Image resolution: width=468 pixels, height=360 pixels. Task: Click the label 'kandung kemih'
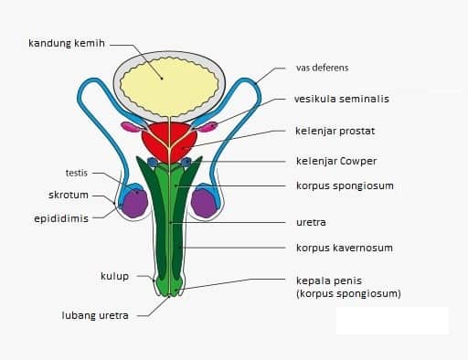tap(68, 43)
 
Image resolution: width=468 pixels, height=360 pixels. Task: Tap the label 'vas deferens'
tap(322, 68)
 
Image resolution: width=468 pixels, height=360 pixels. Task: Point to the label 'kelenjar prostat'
tap(335, 131)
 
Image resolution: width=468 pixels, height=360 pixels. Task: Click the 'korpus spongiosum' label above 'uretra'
tap(343, 185)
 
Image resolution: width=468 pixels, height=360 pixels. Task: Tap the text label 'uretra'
tap(311, 221)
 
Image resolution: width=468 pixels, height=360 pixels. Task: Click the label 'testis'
tap(77, 173)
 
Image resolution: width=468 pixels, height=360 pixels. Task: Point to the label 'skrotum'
tap(69, 195)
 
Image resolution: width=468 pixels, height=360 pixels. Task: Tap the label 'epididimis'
tap(61, 218)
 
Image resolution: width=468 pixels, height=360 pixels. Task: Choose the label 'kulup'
tap(114, 275)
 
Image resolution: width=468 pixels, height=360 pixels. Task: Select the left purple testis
tap(135, 204)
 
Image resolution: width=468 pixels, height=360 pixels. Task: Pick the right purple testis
tap(204, 203)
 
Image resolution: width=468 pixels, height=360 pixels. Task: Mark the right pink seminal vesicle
tap(210, 126)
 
